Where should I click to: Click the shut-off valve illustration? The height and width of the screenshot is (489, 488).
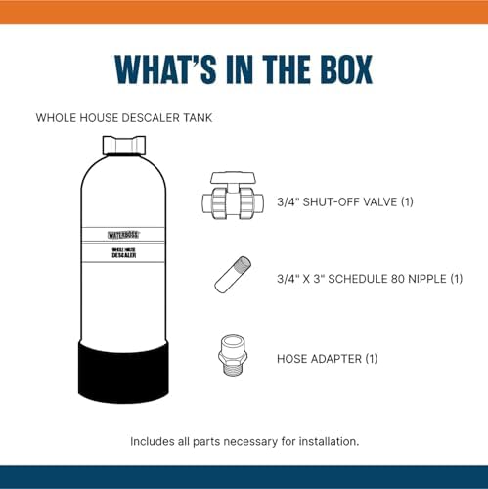point(233,196)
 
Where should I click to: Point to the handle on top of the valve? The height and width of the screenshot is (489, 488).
point(233,178)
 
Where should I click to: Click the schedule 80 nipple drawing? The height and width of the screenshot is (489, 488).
point(233,275)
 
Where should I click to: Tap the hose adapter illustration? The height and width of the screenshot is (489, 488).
point(233,356)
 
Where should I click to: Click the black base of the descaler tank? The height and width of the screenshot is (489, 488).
point(123,371)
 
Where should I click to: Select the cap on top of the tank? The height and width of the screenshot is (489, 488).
point(124,145)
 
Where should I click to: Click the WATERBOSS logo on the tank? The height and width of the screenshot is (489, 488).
point(123,235)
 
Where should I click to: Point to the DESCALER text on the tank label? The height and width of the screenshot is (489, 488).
point(124,255)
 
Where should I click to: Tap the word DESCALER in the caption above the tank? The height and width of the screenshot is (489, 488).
point(147,118)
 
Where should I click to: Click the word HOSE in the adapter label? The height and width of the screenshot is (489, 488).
point(291,359)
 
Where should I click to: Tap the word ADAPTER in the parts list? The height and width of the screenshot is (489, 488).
point(336,359)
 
